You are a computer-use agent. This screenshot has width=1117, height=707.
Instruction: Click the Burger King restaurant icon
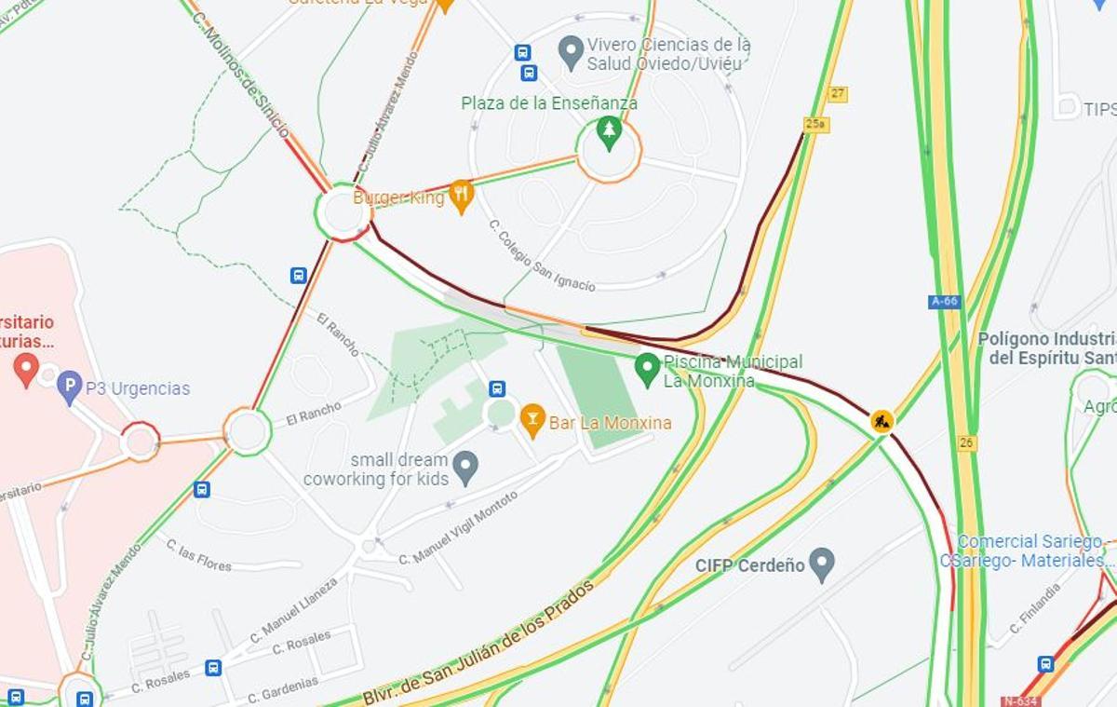(461, 196)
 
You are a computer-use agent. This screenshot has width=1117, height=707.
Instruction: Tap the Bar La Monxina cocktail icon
(532, 420)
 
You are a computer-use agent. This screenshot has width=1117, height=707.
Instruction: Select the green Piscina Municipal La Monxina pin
(647, 369)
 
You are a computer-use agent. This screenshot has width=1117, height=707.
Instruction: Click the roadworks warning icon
(881, 421)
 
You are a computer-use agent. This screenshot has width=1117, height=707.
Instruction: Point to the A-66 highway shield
(944, 302)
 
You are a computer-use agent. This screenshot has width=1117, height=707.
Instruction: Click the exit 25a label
(815, 124)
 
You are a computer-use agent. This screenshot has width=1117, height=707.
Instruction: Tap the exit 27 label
(838, 94)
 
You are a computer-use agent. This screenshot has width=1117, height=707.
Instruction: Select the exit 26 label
(967, 442)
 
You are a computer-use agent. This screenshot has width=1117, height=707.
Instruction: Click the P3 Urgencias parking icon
(69, 387)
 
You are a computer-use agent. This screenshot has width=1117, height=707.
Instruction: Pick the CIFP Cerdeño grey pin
(821, 564)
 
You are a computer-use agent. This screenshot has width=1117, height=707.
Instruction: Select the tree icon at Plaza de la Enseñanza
(609, 132)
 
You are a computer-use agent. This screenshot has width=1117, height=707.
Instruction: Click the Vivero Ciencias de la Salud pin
(571, 52)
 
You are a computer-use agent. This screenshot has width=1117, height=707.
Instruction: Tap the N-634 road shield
(1020, 700)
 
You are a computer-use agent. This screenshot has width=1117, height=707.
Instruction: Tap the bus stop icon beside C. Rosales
(213, 668)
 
